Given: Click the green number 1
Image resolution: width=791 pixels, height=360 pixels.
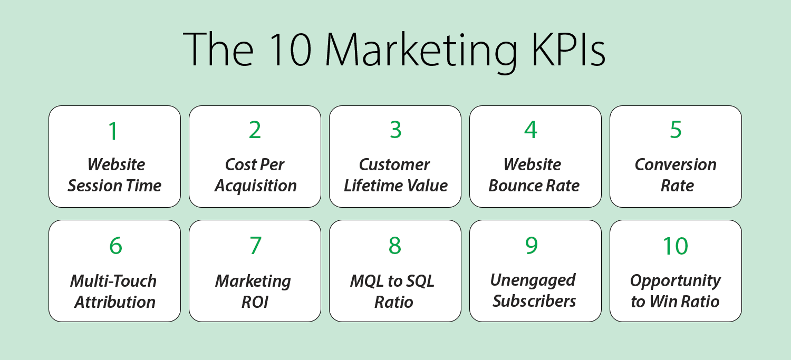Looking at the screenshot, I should pyautogui.click(x=113, y=131).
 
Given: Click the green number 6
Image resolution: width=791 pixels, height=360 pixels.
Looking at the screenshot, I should pyautogui.click(x=115, y=246).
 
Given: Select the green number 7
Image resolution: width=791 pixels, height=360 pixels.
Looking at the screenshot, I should pyautogui.click(x=255, y=246).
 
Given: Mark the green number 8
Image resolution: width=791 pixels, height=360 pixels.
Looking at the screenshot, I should pyautogui.click(x=395, y=246).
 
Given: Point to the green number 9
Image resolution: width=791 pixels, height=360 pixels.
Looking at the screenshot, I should pyautogui.click(x=531, y=246).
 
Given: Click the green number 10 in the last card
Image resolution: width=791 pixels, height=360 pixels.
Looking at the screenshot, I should pyautogui.click(x=675, y=246).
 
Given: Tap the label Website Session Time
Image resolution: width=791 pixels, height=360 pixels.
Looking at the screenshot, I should pyautogui.click(x=115, y=175).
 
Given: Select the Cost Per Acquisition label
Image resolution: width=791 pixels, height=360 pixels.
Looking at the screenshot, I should pyautogui.click(x=255, y=175).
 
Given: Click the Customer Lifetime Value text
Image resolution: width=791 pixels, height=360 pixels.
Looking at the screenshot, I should pyautogui.click(x=395, y=175).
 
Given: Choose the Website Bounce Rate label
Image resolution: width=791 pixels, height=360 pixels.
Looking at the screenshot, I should pyautogui.click(x=534, y=175).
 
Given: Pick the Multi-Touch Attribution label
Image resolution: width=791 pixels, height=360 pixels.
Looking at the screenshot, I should pyautogui.click(x=114, y=291).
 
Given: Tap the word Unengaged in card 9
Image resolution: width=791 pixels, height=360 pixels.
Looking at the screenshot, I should pyautogui.click(x=533, y=280).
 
